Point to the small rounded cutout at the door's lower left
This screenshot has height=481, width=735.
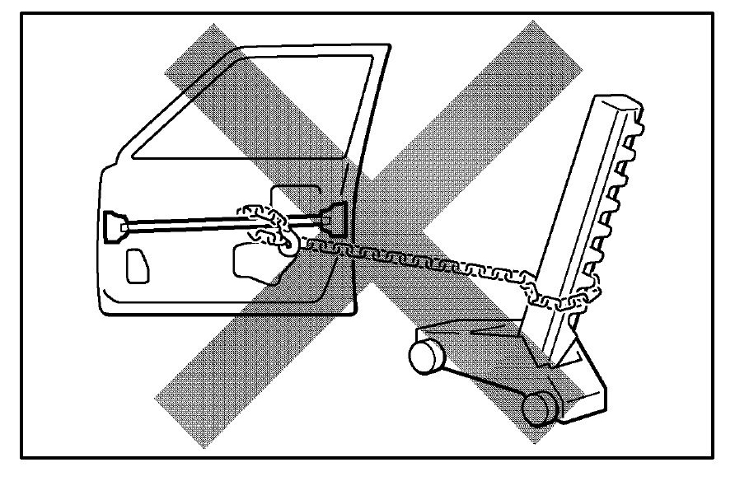tap(136, 267)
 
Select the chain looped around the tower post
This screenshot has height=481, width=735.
tap(569, 292)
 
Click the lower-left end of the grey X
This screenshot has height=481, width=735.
tap(177, 404)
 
